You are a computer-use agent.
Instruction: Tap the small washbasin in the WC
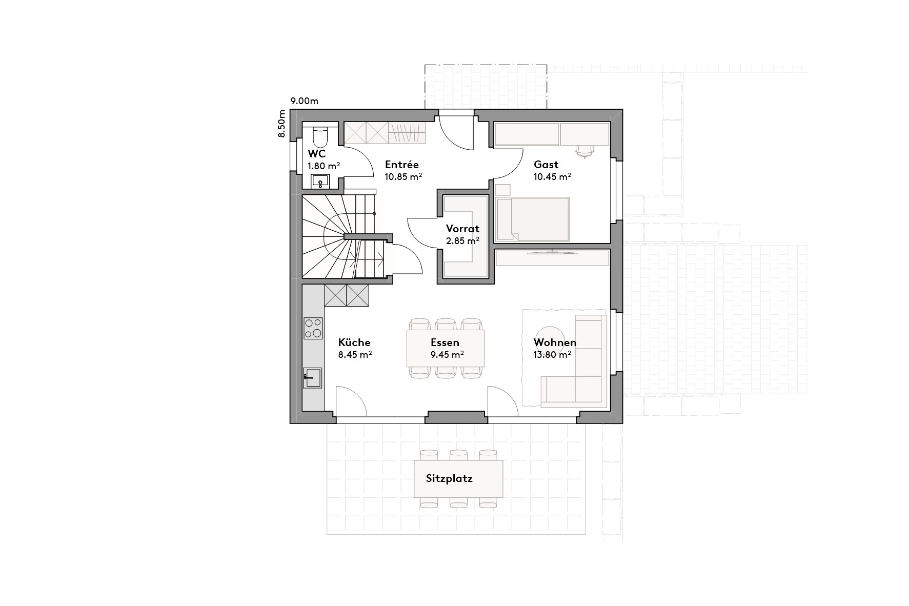coord(320,181)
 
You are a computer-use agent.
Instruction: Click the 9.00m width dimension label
coord(304,101)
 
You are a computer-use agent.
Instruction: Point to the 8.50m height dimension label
coord(281,124)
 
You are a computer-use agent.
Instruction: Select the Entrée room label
coord(401,165)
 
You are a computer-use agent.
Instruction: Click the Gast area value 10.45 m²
coord(552,177)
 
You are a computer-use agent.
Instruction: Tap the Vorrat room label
coord(462,229)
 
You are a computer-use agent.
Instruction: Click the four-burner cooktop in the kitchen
coord(313,328)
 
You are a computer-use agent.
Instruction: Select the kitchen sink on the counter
coord(312,378)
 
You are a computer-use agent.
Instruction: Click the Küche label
coord(354,342)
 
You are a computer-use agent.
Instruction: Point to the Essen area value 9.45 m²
coord(447,354)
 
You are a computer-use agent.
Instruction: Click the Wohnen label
coord(555,342)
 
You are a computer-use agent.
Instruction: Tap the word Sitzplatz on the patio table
coord(449,479)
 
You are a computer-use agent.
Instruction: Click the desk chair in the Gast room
coord(583,151)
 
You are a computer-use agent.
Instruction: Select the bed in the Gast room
coord(533,219)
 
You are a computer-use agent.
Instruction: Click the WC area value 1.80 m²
coord(324,166)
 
